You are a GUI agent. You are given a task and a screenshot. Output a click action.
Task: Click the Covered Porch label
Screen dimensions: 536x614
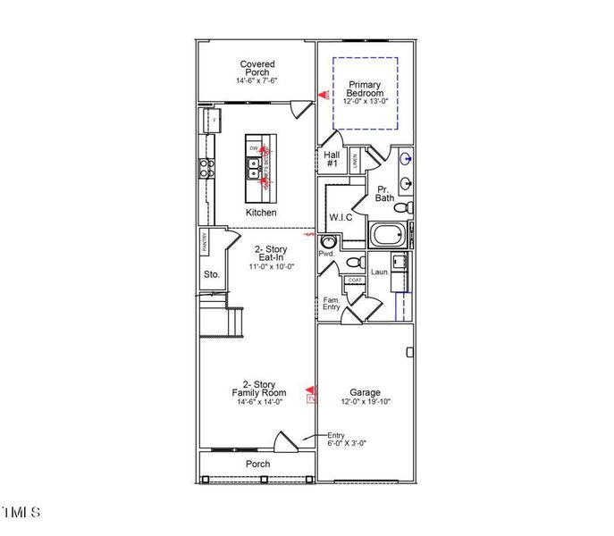(x=257, y=69)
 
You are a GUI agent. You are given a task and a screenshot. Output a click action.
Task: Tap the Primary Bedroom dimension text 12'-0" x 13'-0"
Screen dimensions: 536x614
(x=366, y=101)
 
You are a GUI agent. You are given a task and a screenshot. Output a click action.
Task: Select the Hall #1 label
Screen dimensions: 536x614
(x=331, y=160)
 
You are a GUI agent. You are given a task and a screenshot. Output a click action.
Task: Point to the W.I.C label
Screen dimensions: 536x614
(x=341, y=217)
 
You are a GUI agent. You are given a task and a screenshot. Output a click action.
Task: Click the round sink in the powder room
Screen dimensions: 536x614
(x=328, y=241)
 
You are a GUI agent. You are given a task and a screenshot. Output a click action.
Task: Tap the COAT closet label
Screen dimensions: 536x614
(x=355, y=279)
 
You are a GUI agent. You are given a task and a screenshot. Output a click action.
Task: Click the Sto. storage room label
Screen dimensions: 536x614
(x=211, y=274)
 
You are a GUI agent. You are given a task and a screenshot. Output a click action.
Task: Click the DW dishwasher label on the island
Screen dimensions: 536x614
(x=254, y=147)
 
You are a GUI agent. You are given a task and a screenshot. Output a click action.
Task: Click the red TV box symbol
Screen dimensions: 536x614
(x=311, y=400)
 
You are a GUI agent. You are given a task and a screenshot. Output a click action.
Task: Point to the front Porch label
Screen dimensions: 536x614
(x=257, y=464)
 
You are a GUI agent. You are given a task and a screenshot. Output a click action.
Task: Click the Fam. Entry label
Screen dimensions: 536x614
(x=331, y=304)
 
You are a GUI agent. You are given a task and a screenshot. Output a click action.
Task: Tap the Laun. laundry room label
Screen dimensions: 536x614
(x=379, y=272)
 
